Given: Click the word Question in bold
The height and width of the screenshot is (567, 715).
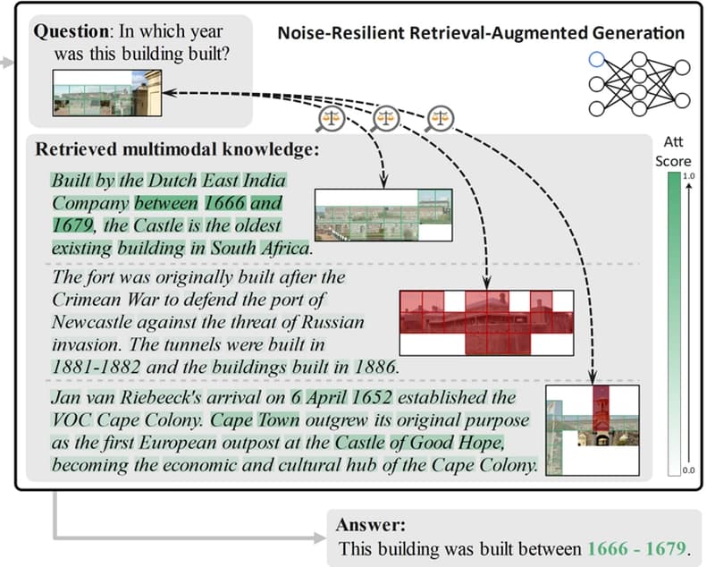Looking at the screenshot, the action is tap(71, 32).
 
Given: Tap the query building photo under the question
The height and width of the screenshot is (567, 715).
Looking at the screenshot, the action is tap(107, 93).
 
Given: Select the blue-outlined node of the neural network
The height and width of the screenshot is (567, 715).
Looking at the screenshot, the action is tap(596, 59).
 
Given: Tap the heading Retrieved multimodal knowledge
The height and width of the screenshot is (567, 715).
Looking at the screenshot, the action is tap(177, 148).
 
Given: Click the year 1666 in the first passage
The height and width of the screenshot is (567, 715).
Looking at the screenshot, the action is tap(224, 202).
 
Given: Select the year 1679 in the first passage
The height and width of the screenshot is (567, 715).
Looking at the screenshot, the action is tap(72, 224).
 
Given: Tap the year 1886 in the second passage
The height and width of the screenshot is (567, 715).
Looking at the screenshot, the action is tap(374, 367).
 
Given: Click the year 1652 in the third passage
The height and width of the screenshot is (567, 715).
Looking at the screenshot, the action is tap(372, 397).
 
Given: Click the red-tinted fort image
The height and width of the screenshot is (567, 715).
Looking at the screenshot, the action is tap(486, 323).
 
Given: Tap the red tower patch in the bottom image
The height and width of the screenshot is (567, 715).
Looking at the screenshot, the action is tap(601, 409).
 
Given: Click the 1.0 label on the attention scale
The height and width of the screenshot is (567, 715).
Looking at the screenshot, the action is tap(689, 175).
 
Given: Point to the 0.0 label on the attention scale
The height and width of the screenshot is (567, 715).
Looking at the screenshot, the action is tap(688, 470).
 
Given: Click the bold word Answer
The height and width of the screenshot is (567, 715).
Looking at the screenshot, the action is tap(371, 525).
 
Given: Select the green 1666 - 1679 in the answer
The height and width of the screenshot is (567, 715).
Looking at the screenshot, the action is tap(637, 548).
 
